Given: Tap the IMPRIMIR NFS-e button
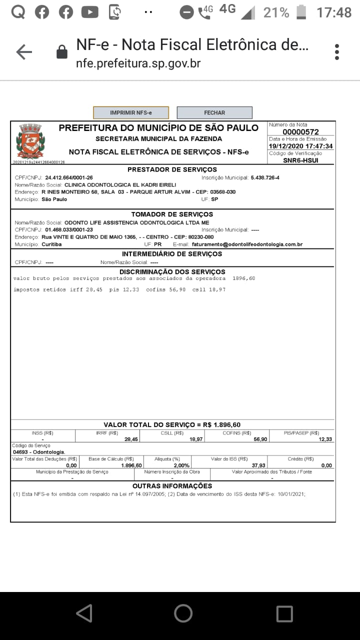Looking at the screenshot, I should pos(131,113).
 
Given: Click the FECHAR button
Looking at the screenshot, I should pos(214,113).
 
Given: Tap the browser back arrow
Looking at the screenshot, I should pos(24,52).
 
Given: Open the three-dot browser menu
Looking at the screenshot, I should pos(337,52).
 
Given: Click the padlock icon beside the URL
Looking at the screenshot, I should pos(62,52).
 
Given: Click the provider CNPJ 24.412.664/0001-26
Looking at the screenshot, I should pos(69,177).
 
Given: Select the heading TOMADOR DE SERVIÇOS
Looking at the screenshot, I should pos(172,214).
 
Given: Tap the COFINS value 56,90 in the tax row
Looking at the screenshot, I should pos(260,439).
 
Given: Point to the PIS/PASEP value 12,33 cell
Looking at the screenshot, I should pos(325,439).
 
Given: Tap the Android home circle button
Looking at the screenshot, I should pos(183,613).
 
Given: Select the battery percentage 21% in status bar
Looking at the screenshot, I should pos(276,12).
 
